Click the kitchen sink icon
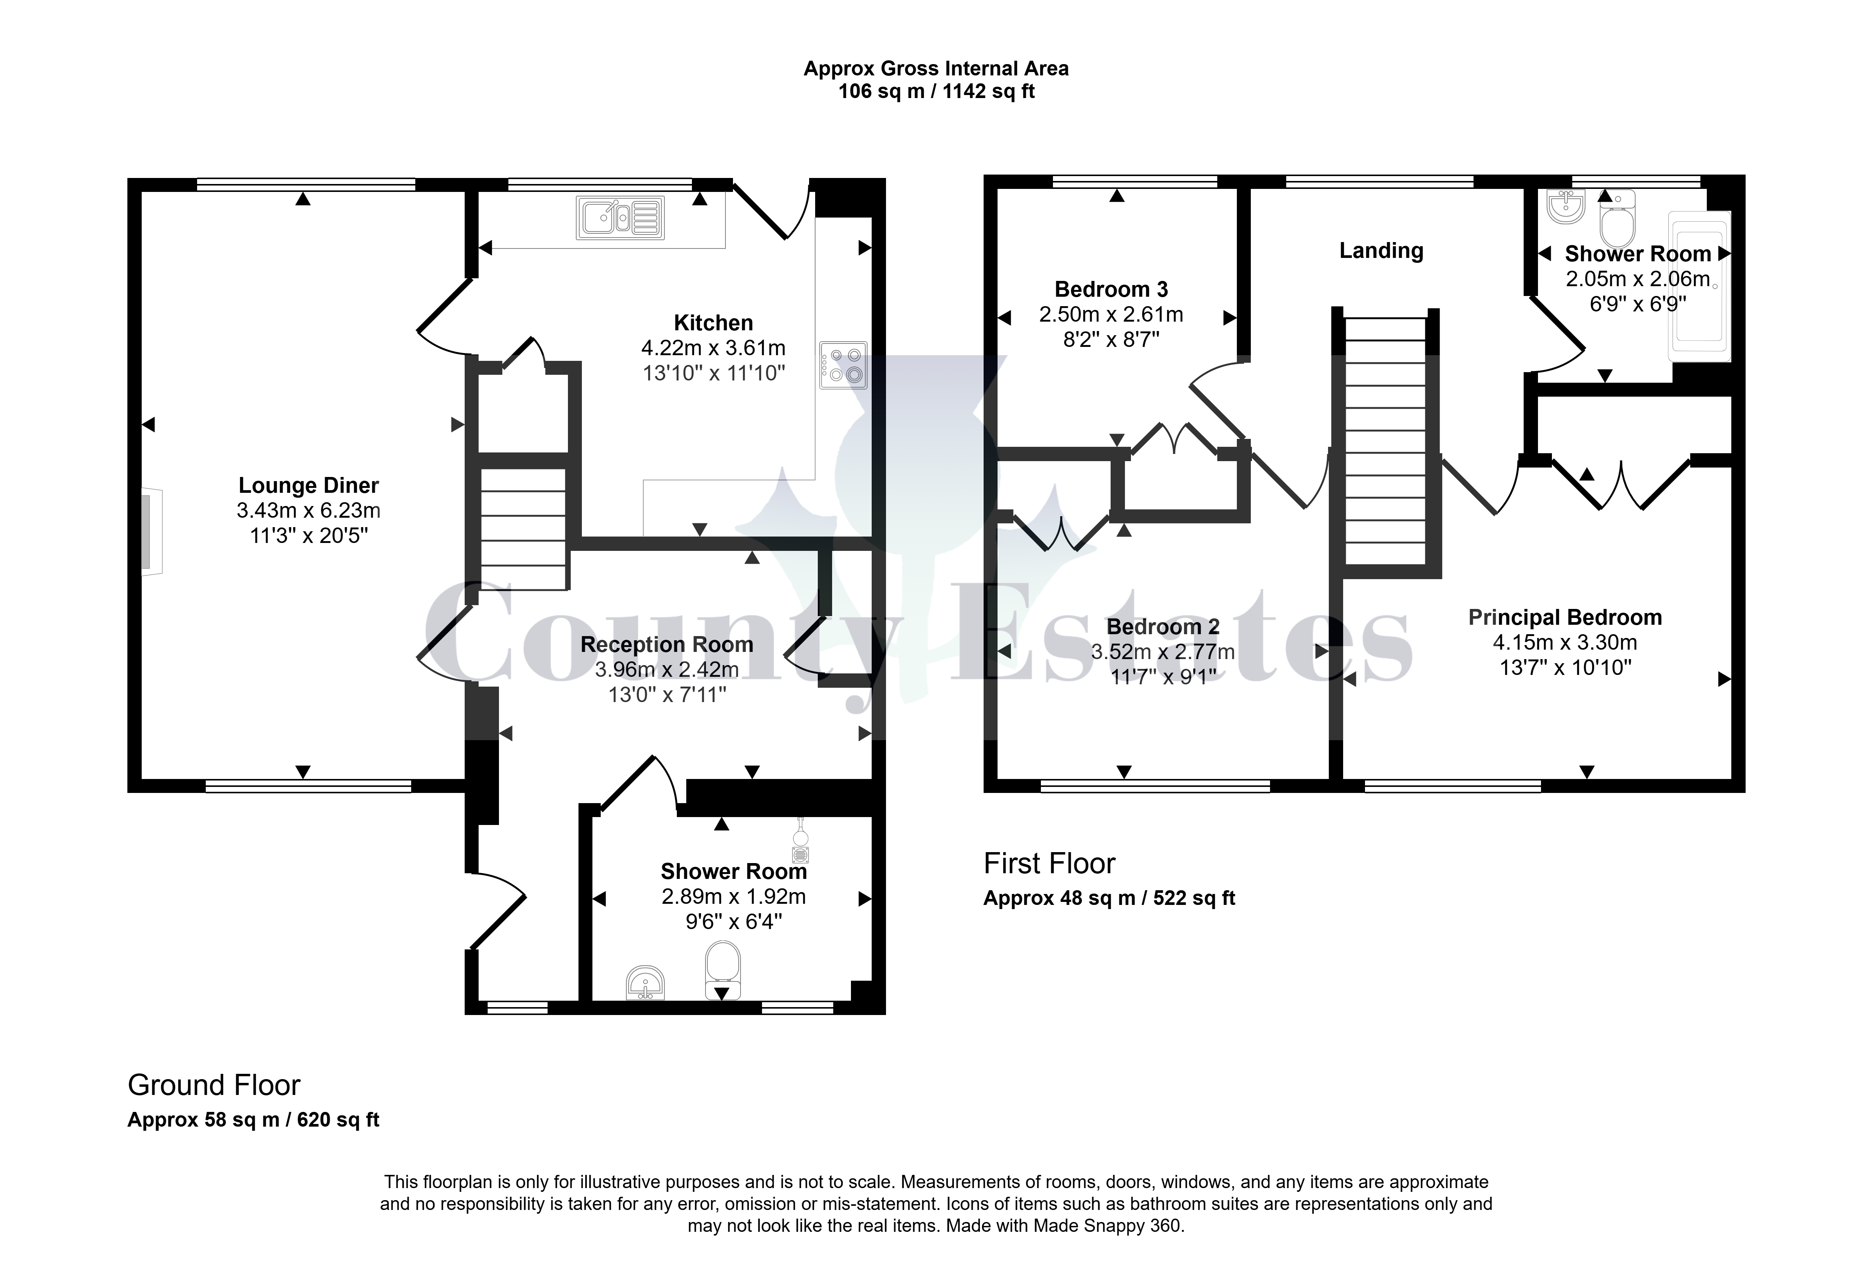620,218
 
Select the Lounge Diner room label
309,485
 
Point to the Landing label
1381,251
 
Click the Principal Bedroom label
1565,618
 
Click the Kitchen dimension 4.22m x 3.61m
713,348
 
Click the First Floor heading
1049,863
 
